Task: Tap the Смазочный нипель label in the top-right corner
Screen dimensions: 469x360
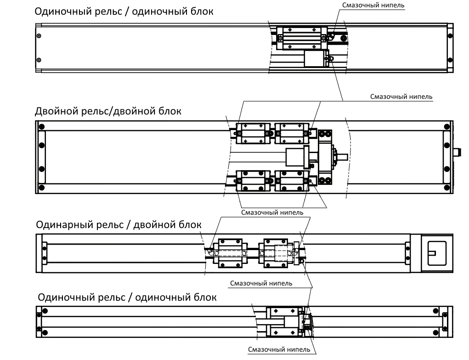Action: pyautogui.click(x=373, y=5)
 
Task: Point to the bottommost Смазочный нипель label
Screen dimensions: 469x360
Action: pyautogui.click(x=279, y=349)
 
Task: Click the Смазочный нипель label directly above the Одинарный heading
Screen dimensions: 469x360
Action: pyautogui.click(x=272, y=212)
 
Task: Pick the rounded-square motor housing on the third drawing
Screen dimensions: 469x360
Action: pyautogui.click(x=437, y=253)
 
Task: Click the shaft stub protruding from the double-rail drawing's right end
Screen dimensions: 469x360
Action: pyautogui.click(x=458, y=152)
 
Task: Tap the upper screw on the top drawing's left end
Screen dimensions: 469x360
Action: pyautogui.click(x=39, y=36)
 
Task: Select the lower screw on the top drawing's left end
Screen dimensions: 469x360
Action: pyautogui.click(x=39, y=60)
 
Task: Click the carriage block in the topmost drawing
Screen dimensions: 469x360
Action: pyautogui.click(x=302, y=38)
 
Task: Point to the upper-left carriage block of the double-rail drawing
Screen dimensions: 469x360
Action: pyautogui.click(x=253, y=133)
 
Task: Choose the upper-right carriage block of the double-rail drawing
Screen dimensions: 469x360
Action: pyautogui.click(x=292, y=133)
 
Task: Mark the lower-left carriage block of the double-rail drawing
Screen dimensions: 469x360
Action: pyautogui.click(x=253, y=181)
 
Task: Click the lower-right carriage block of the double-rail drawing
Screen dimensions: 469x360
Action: pyautogui.click(x=292, y=181)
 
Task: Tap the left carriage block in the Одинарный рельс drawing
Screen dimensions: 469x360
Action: pyautogui.click(x=230, y=253)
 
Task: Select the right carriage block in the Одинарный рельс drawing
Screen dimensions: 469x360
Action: pyautogui.click(x=276, y=253)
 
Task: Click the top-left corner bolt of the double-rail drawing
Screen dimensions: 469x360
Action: pyautogui.click(x=42, y=126)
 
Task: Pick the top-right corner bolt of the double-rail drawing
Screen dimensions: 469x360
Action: pyautogui.click(x=447, y=126)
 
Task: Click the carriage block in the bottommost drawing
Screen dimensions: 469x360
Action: pyautogui.click(x=283, y=322)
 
